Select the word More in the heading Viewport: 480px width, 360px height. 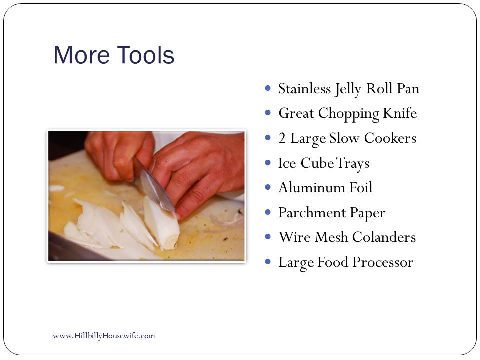[81, 55]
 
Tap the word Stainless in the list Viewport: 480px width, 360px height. [305, 89]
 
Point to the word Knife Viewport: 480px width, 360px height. [400, 113]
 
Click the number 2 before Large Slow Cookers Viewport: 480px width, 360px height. [282, 138]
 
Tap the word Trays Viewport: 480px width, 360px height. [353, 164]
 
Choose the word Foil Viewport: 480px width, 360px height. [361, 187]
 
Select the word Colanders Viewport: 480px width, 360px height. [384, 237]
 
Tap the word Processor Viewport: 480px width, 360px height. [383, 262]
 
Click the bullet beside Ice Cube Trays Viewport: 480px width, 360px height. [268, 163]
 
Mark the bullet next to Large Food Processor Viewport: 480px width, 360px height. [268, 262]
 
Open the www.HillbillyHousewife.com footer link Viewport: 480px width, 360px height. [104, 336]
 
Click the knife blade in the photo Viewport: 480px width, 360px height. [156, 190]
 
